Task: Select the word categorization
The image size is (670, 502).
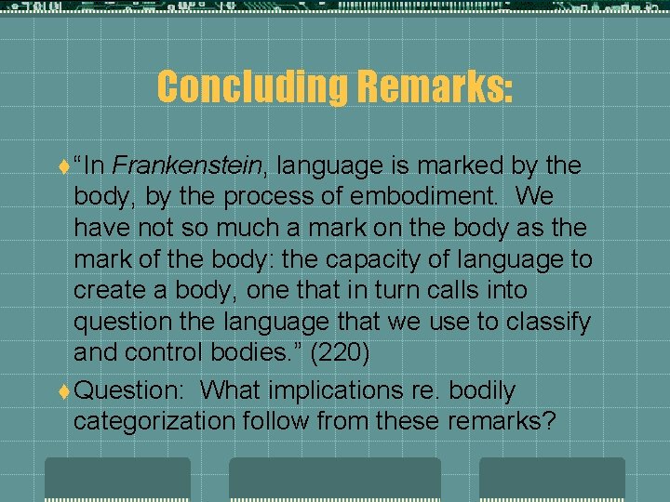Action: (x=154, y=422)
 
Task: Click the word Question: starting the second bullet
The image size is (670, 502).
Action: (x=130, y=391)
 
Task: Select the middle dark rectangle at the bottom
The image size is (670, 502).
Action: (x=335, y=479)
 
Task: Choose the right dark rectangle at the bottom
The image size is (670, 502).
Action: (x=552, y=479)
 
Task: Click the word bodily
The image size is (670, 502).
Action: (x=481, y=391)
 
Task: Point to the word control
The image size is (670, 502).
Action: (x=164, y=353)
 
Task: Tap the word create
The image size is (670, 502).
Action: (x=107, y=291)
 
